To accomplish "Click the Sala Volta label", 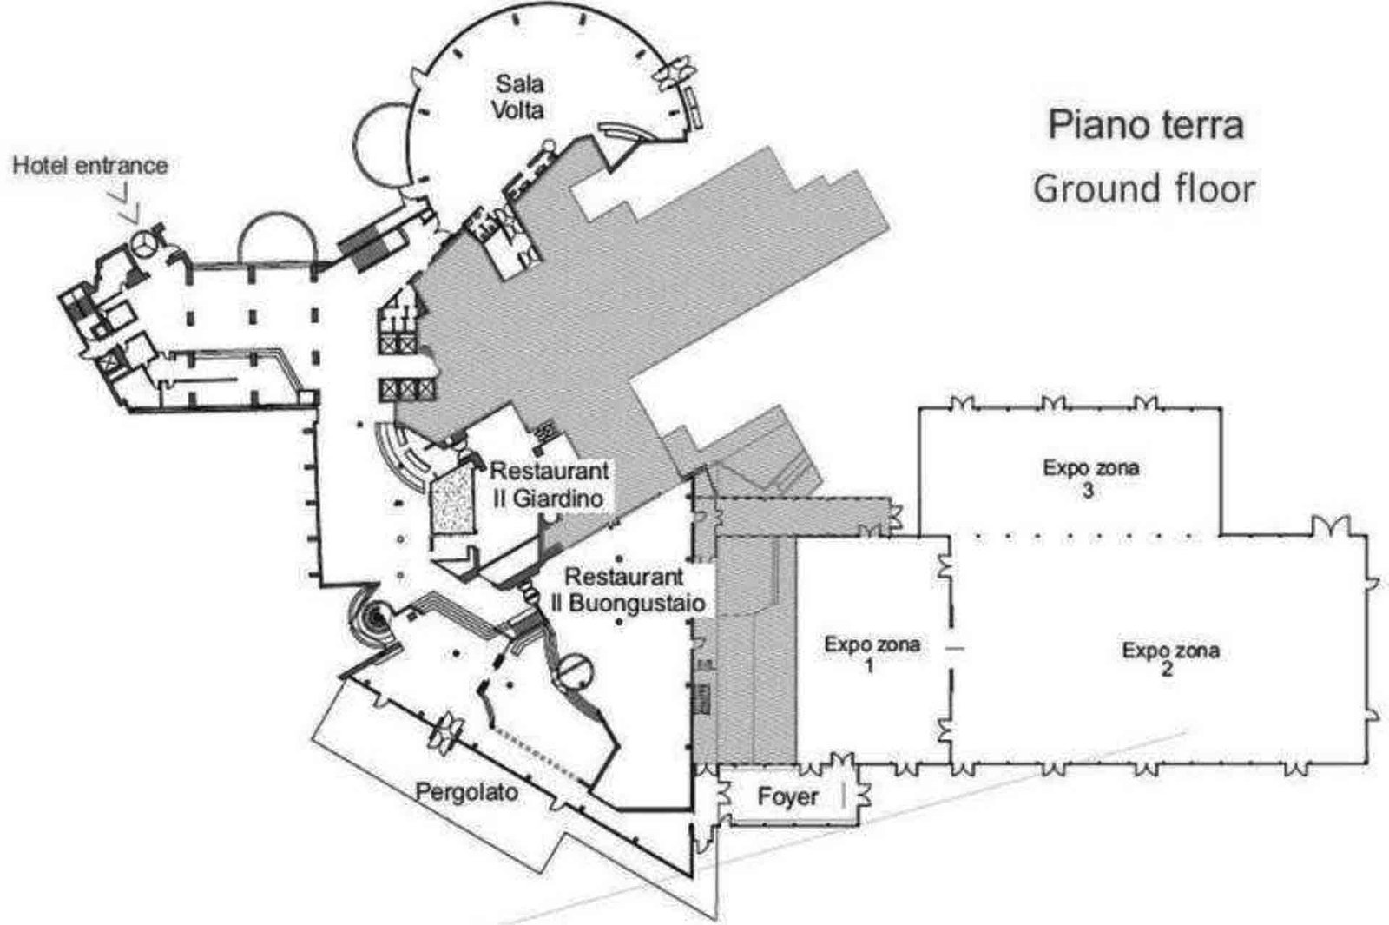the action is click(x=518, y=96).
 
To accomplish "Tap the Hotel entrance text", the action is click(x=90, y=166).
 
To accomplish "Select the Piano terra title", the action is click(x=1146, y=126).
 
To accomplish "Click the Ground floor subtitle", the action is click(x=1145, y=188).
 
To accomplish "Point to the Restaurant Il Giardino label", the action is click(x=550, y=485).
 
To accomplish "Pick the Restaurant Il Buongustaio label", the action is click(x=629, y=590).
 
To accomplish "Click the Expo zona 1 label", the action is click(x=872, y=655).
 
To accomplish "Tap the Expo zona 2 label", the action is click(x=1170, y=659).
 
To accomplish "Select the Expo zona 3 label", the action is click(x=1090, y=479).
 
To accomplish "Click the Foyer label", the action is click(x=787, y=796).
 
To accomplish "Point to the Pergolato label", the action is click(x=466, y=792).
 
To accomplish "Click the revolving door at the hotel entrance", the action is click(x=145, y=244).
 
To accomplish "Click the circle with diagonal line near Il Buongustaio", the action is click(x=575, y=672).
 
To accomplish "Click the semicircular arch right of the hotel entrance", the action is click(x=279, y=214).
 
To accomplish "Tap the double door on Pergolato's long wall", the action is click(x=446, y=733).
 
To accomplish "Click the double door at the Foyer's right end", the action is click(x=863, y=794).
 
